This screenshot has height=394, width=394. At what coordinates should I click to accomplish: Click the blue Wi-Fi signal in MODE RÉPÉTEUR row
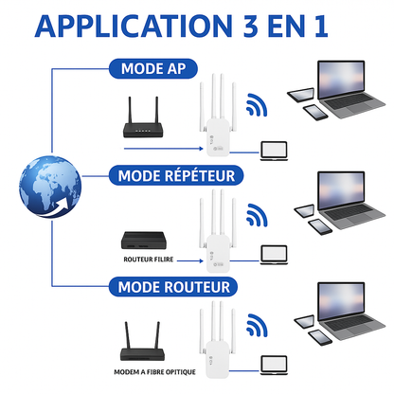[256, 216]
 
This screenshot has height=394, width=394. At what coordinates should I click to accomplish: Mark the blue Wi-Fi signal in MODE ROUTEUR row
[256, 327]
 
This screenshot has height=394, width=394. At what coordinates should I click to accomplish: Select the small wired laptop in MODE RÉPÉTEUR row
[274, 254]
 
